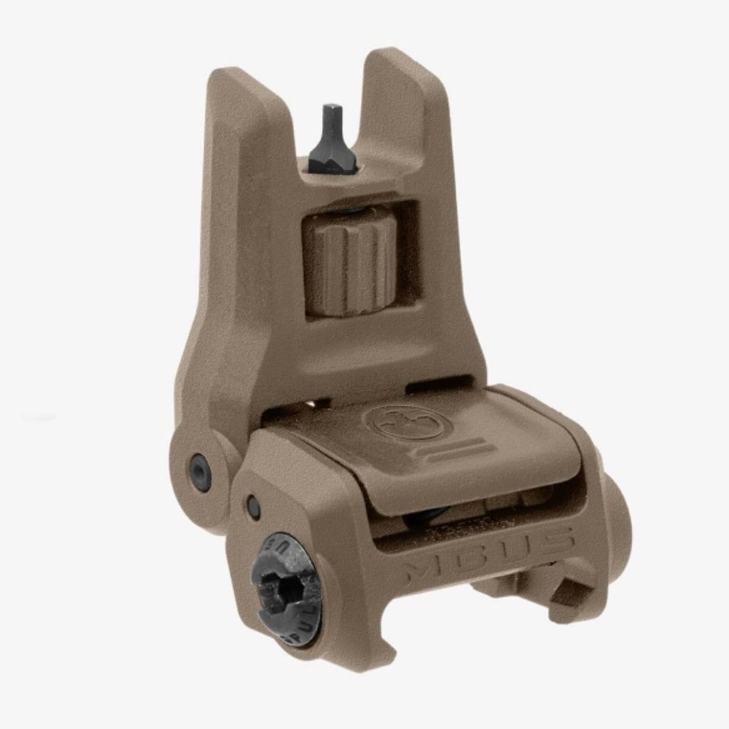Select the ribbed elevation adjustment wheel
point(349,261)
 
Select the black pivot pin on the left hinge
point(200,470)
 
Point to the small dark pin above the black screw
point(253,506)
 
